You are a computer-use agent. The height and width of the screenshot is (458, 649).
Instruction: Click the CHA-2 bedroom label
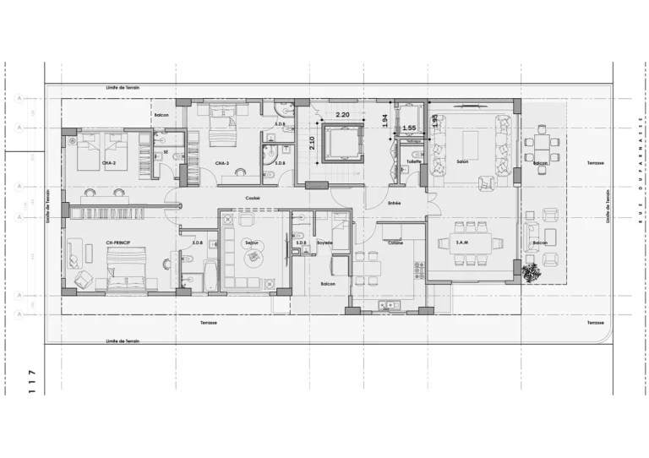click(108, 162)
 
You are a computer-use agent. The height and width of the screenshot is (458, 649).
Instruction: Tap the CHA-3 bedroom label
click(222, 162)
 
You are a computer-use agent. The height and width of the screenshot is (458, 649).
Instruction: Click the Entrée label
click(394, 204)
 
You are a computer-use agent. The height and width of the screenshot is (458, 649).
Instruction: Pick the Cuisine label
click(395, 243)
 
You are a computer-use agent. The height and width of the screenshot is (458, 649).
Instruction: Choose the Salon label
click(462, 162)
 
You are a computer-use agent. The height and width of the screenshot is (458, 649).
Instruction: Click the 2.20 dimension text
click(343, 114)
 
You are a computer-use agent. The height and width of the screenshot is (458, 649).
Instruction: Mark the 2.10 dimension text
click(312, 143)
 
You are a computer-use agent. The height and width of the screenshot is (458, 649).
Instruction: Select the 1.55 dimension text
click(409, 128)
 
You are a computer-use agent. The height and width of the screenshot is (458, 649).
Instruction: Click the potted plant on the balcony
click(532, 272)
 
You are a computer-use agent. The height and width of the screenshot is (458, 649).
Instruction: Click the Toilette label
click(413, 161)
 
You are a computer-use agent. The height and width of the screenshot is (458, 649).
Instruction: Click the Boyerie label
click(325, 243)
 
